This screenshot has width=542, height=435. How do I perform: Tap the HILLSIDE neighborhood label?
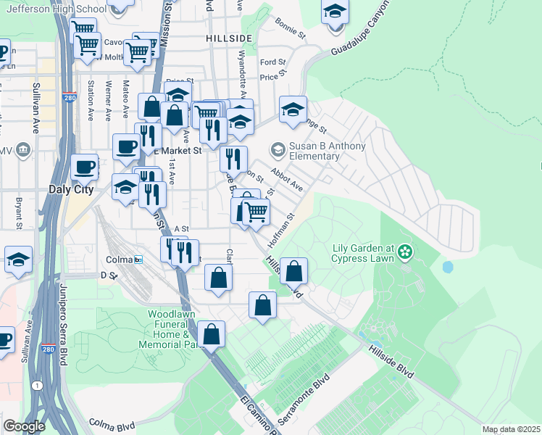pyautogui.click(x=228, y=38)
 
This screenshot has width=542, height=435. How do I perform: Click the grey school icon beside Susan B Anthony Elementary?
pyautogui.click(x=278, y=150)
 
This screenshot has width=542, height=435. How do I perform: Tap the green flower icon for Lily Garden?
pyautogui.click(x=404, y=252)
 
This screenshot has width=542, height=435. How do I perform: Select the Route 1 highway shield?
pyautogui.click(x=36, y=386)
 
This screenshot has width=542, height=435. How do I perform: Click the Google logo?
pyautogui.click(x=24, y=426)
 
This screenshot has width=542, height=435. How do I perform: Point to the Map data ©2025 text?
pyautogui.click(x=511, y=429)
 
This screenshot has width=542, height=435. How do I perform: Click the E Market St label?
pyautogui.click(x=180, y=151)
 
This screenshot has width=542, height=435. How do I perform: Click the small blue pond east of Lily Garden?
pyautogui.click(x=447, y=267)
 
